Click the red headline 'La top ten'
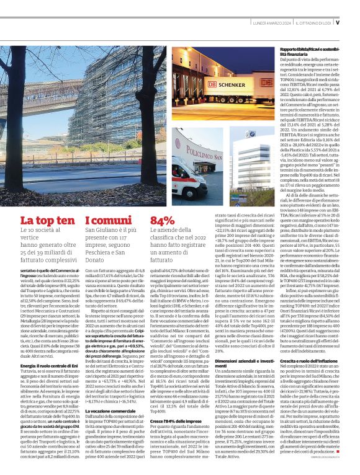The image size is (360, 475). pyautogui.click(x=43, y=221)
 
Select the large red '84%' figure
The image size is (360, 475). pyautogui.click(x=163, y=221)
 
